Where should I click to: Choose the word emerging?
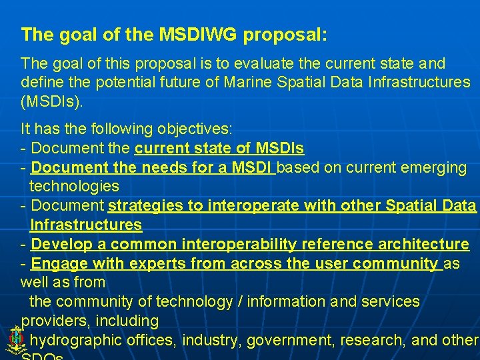click(435, 167)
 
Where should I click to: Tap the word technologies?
click(74, 186)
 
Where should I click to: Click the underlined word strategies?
click(146, 205)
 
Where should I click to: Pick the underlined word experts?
click(159, 263)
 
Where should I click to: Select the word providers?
click(50, 321)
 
